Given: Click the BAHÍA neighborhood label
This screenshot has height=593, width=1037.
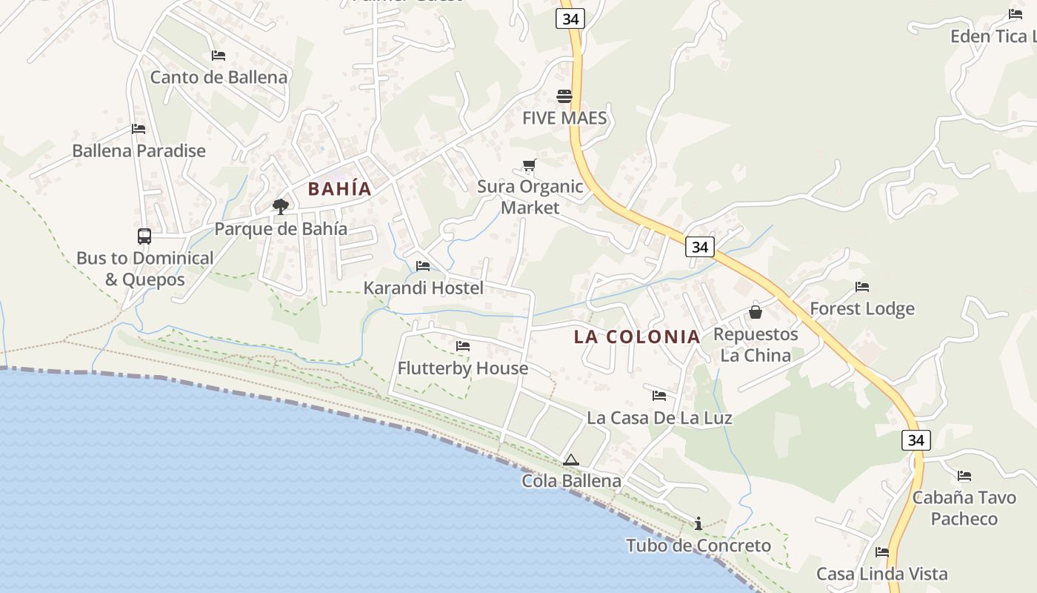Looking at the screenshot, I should point(339,189).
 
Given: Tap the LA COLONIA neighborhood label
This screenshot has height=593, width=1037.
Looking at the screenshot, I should point(637,337).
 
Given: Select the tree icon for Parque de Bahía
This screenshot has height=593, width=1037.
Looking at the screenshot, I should point(280,207).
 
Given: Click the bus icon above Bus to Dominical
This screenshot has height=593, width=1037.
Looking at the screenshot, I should point(144,236).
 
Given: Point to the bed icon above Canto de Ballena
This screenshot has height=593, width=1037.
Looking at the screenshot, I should point(218,56).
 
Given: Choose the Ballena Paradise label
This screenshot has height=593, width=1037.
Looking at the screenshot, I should point(139,150).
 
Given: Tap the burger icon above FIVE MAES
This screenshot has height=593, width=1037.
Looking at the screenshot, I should point(564,96).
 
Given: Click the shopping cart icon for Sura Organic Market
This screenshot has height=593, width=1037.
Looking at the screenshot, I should point(529,165).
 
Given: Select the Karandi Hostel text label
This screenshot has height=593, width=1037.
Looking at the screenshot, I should point(423,288).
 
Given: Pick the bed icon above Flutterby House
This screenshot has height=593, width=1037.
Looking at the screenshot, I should point(463,346).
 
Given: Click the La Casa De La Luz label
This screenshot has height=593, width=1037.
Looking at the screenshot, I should point(659,417).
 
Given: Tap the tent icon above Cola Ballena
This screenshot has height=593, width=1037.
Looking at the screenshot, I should point(570,460).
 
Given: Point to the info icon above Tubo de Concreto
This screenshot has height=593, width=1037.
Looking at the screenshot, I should point(698,524).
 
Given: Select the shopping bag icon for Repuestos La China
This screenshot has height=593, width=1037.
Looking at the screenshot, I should point(756,312).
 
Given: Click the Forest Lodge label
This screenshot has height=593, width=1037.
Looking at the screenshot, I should point(862,308).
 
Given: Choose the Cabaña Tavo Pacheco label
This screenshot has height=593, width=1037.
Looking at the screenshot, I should point(964,508).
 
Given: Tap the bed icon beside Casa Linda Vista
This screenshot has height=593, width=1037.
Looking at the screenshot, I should point(881,552).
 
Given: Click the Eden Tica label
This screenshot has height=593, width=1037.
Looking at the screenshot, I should point(993,36).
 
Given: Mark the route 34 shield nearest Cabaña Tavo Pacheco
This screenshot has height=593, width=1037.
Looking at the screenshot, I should point(916,440).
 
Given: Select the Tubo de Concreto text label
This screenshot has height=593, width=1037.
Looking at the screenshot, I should point(698,546).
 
